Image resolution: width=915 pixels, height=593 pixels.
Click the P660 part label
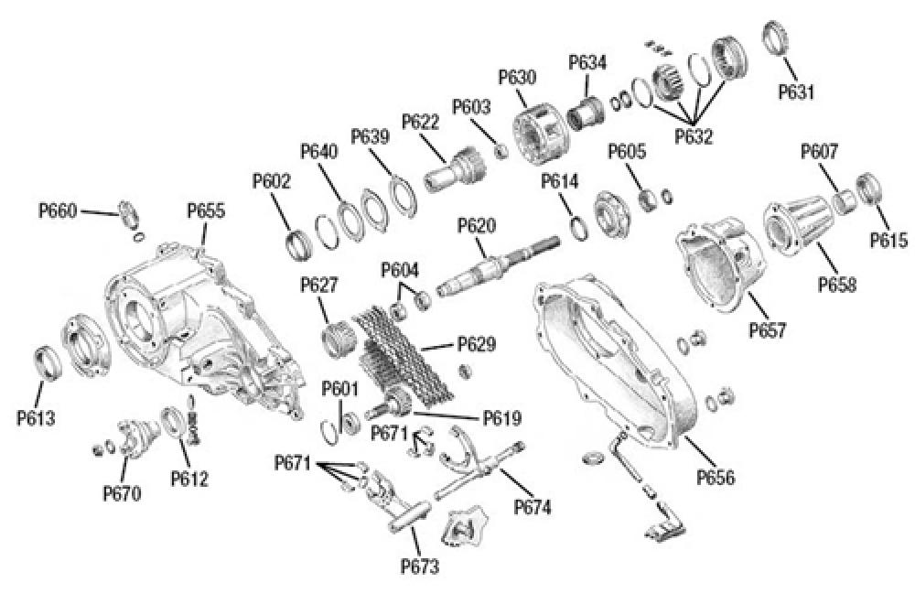(58, 211)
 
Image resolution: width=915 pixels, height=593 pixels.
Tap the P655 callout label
(206, 211)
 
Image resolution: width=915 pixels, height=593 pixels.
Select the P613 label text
(36, 419)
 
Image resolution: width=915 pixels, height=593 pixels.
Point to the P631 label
(796, 92)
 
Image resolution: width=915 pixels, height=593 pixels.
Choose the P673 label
(420, 566)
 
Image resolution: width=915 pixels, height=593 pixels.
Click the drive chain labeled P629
(403, 352)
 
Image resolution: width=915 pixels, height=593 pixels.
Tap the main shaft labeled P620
(494, 265)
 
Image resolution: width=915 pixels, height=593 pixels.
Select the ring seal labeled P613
(48, 360)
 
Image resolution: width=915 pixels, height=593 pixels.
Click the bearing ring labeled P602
(298, 244)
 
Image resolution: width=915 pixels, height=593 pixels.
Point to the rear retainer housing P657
(717, 261)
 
